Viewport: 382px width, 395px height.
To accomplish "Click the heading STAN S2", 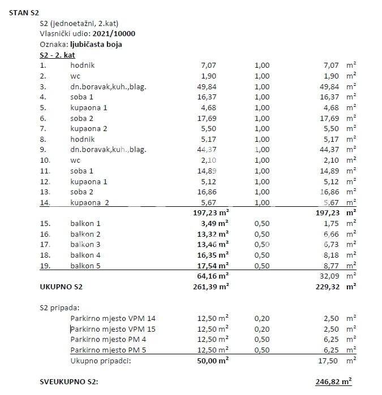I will pyautogui.click(x=24, y=12).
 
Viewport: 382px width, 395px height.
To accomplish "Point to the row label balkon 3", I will pyautogui.click(x=85, y=244).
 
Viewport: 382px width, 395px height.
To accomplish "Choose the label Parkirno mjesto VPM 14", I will pyautogui.click(x=113, y=319).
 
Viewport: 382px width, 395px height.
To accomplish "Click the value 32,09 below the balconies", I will pyautogui.click(x=331, y=276).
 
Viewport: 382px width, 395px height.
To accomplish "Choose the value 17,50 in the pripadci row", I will pyautogui.click(x=331, y=361).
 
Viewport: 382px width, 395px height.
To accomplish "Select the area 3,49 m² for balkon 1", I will pyautogui.click(x=215, y=223).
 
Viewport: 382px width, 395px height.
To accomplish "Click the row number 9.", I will pyautogui.click(x=42, y=150).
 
